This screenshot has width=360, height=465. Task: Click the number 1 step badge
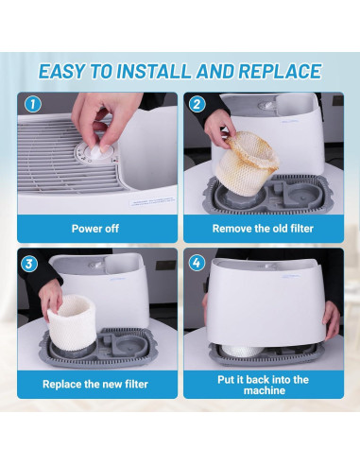coord(33,104)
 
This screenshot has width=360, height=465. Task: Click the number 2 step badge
coord(197,104)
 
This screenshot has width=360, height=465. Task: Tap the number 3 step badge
coord(29,264)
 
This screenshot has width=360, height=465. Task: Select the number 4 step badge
coord(197,263)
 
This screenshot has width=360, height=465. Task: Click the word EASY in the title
coord(61,71)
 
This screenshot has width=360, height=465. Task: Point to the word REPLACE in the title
coord(280,71)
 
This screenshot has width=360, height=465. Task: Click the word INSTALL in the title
coord(154,71)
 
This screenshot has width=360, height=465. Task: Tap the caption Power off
coord(95,229)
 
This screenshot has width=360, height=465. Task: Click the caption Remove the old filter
coord(263,229)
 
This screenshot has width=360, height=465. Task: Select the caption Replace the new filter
coord(95,384)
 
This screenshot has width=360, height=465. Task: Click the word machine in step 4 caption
coord(265,390)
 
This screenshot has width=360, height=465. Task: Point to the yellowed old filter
coord(247,163)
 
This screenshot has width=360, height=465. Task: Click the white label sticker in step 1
coord(152,201)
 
